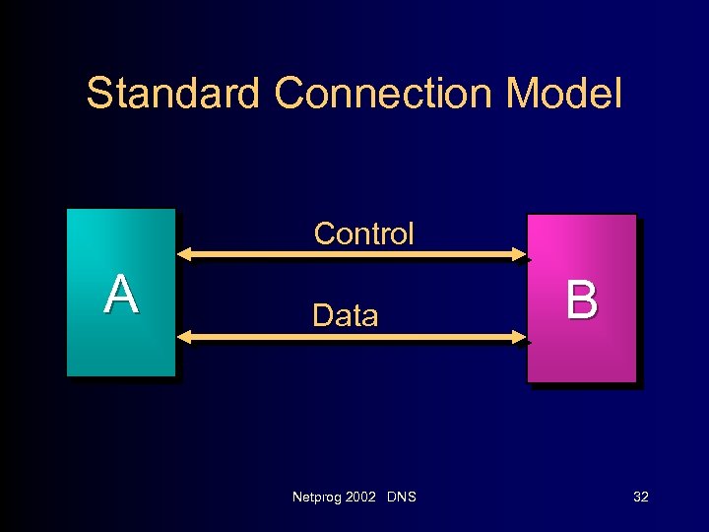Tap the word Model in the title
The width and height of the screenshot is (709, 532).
pos(563,95)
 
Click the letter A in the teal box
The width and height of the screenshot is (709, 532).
pos(120,294)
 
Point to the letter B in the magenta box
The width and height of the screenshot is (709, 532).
pos(581,299)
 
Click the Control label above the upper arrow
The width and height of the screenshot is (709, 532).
pos(363,234)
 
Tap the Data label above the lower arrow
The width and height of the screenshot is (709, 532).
pos(345,316)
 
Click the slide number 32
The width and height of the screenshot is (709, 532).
pos(640,497)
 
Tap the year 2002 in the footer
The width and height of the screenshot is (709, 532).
pos(362,497)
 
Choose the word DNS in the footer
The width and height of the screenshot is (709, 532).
pos(402,497)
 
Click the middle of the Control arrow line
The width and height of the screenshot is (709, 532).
pos(353,255)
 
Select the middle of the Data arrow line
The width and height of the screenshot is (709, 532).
pos(353,337)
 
